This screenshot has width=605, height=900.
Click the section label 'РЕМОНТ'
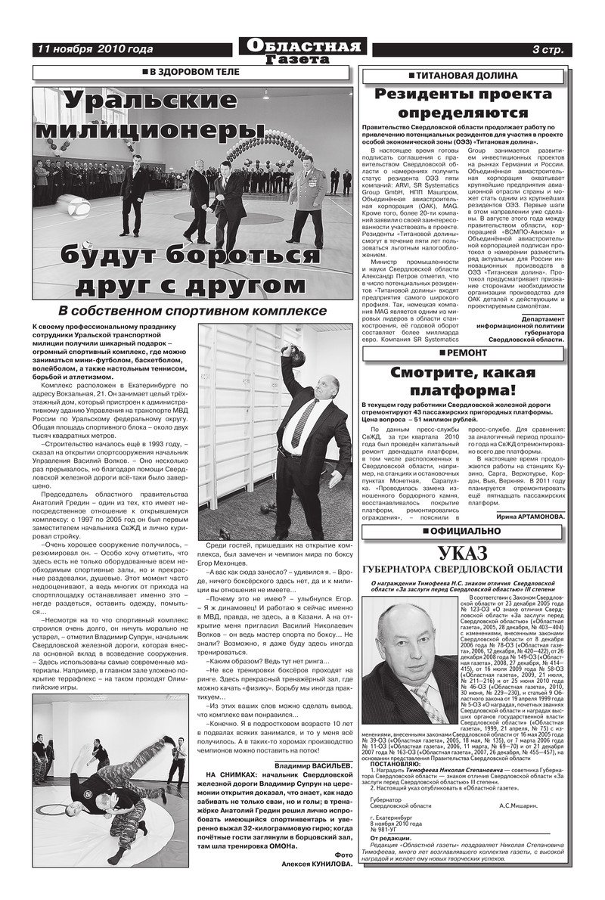(x=467, y=352)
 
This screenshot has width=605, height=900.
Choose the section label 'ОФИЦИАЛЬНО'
(x=467, y=532)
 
